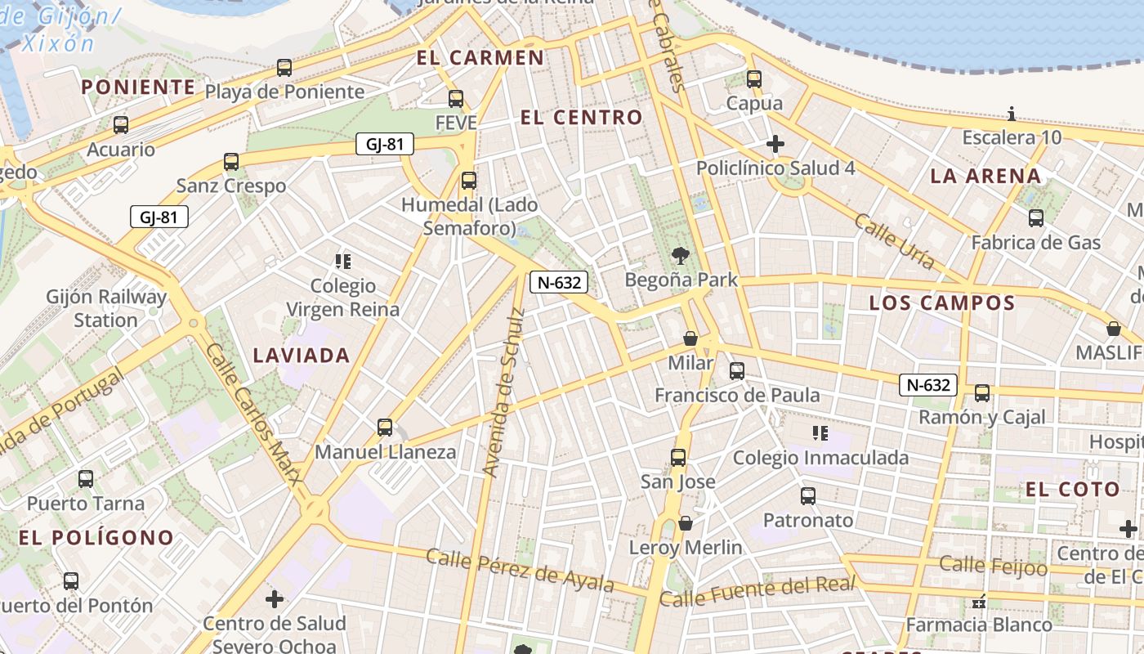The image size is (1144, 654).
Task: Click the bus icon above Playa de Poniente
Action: [x=284, y=68]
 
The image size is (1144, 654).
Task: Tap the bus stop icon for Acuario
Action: [x=121, y=125]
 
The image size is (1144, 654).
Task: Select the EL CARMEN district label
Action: [x=480, y=58]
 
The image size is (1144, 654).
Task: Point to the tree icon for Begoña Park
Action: [x=680, y=256]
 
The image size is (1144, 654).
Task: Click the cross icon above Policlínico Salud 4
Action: [x=775, y=145]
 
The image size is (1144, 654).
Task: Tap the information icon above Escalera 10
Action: [x=1012, y=114]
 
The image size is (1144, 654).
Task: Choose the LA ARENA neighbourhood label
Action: [x=985, y=176]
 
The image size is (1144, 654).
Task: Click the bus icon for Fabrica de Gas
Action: [x=1036, y=218]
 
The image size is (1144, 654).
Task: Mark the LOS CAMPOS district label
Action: [x=941, y=303]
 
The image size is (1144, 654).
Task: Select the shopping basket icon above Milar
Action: [x=690, y=338]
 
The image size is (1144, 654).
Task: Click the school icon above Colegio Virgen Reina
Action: [x=343, y=262]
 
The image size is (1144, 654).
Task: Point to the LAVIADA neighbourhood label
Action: [x=302, y=355]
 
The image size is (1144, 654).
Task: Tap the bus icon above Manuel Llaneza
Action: [x=385, y=428]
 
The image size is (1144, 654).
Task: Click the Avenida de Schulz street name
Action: [x=503, y=393]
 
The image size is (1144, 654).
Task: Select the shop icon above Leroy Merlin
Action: [x=686, y=523]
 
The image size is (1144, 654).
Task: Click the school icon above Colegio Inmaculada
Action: [x=820, y=433]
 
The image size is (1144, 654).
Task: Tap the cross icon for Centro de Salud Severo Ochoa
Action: [x=275, y=599]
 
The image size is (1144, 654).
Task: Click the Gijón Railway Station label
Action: [x=106, y=308]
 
